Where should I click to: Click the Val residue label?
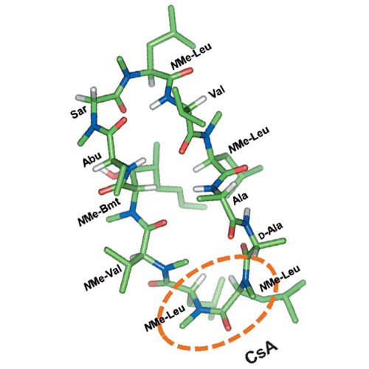tap(216, 93)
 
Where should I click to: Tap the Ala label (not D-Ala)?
tap(241, 198)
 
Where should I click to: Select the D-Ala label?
tap(271, 231)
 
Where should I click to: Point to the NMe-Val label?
tap(103, 278)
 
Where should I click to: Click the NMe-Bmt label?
tap(99, 212)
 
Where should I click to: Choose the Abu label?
tap(92, 159)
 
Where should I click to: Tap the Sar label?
tap(78, 112)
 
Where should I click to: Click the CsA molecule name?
tap(261, 354)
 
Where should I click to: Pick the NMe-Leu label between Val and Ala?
tap(249, 139)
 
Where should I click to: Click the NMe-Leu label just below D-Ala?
tap(280, 278)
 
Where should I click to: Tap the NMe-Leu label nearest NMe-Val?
tap(165, 318)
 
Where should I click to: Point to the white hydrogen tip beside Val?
tap(202, 100)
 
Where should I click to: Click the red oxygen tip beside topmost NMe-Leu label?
tap(188, 71)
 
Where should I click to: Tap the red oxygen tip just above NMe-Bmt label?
tap(103, 191)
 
